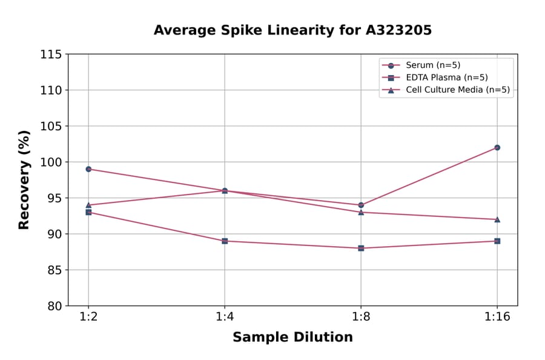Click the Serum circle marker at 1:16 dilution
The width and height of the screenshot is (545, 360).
497,147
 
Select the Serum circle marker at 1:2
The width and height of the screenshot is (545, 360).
88,169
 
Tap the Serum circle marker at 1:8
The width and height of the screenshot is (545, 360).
361,205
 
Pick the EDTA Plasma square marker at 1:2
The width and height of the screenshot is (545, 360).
88,212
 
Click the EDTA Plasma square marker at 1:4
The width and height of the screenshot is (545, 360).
225,241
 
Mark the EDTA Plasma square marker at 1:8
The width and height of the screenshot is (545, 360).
361,248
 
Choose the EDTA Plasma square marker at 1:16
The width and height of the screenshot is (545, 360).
497,241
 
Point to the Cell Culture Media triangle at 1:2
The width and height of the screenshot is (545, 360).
88,205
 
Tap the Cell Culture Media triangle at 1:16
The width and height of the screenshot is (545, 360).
497,219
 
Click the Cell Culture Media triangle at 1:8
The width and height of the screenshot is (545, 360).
361,212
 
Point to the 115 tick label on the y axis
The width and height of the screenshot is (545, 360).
51,55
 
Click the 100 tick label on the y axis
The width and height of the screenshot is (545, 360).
51,162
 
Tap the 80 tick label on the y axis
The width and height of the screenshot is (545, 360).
54,306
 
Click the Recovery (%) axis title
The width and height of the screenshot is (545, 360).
24,179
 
